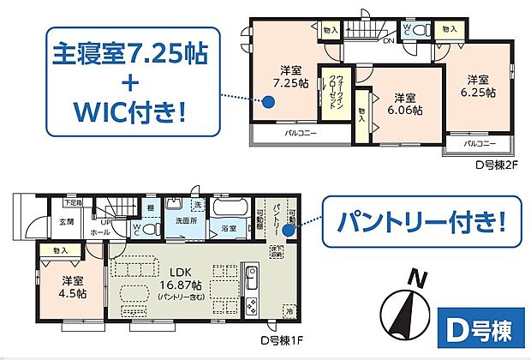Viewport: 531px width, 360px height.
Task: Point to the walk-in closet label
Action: tap(332, 91)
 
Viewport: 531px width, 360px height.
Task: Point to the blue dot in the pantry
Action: tap(289, 229)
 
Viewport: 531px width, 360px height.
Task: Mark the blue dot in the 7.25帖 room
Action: tap(268, 102)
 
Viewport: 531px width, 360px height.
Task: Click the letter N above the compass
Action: tap(417, 279)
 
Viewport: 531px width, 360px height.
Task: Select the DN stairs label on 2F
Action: tap(388, 40)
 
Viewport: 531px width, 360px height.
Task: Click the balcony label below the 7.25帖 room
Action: tap(297, 135)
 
